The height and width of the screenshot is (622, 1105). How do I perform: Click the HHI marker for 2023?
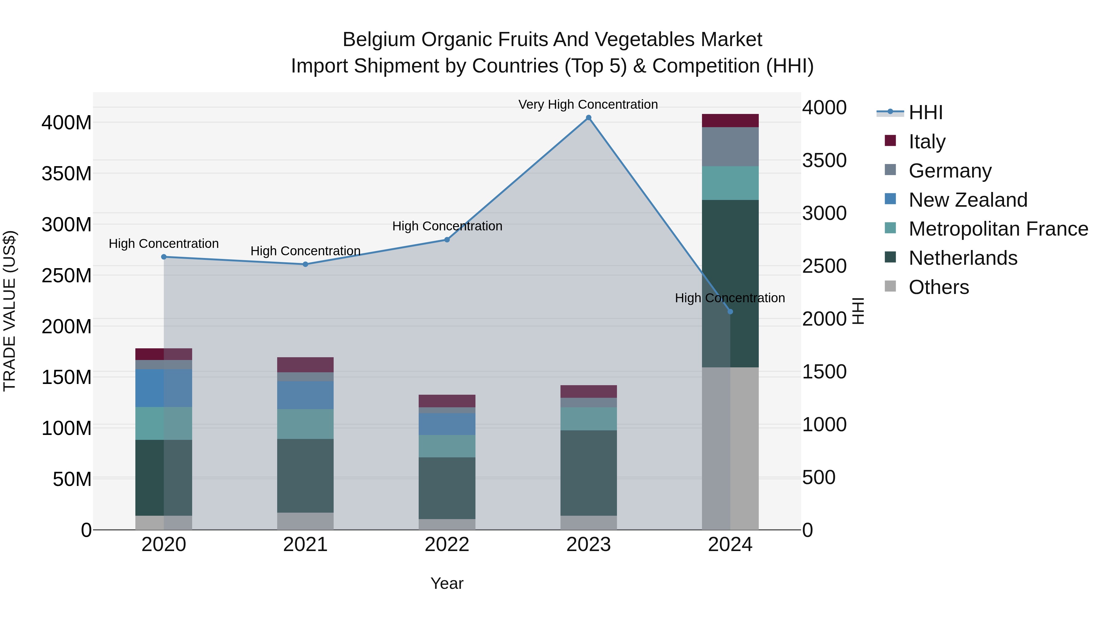[x=588, y=118]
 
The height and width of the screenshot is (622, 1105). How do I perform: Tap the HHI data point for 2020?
[x=164, y=257]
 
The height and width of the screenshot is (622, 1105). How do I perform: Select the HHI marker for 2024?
[x=731, y=312]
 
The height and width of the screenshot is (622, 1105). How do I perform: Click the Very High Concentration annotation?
[x=588, y=105]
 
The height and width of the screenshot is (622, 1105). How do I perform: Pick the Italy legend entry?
[x=927, y=141]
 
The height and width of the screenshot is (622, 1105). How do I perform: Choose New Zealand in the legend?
[x=968, y=200]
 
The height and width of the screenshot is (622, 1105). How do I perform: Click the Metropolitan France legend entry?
[x=998, y=229]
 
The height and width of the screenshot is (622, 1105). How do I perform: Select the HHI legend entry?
[x=925, y=112]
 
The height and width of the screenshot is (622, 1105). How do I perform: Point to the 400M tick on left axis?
[x=67, y=123]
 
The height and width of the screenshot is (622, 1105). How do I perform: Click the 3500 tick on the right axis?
[x=824, y=161]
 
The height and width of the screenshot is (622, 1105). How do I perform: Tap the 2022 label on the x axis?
[x=447, y=545]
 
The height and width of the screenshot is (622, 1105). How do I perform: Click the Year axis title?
[x=447, y=583]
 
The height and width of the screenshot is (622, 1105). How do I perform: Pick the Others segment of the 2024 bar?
[x=731, y=448]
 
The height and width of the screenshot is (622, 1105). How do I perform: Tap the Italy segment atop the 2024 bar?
[x=731, y=121]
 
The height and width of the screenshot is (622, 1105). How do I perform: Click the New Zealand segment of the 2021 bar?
[x=305, y=395]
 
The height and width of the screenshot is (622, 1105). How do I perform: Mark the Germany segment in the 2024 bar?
[x=731, y=147]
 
